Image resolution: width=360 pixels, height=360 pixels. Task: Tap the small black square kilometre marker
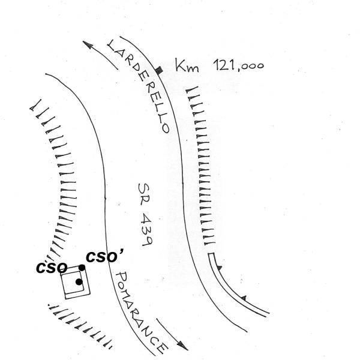[158, 71]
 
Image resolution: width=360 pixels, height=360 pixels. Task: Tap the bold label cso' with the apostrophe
[105, 257]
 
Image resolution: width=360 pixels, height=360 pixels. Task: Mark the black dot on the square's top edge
[82, 267]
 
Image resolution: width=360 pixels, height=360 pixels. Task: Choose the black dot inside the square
[79, 281]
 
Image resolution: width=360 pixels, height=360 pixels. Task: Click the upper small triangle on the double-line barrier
[220, 267]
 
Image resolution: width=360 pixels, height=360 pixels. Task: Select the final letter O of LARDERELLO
[164, 127]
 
